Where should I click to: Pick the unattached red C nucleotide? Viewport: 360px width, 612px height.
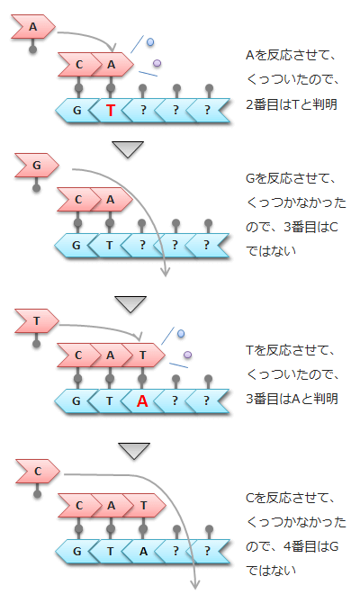click(37, 471)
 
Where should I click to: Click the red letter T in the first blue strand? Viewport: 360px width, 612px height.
click(110, 111)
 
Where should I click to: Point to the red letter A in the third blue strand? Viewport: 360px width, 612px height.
click(141, 401)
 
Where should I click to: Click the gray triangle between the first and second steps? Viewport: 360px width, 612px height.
click(130, 148)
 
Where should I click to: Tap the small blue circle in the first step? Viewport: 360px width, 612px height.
click(149, 41)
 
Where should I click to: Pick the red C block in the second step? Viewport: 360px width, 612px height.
click(79, 198)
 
